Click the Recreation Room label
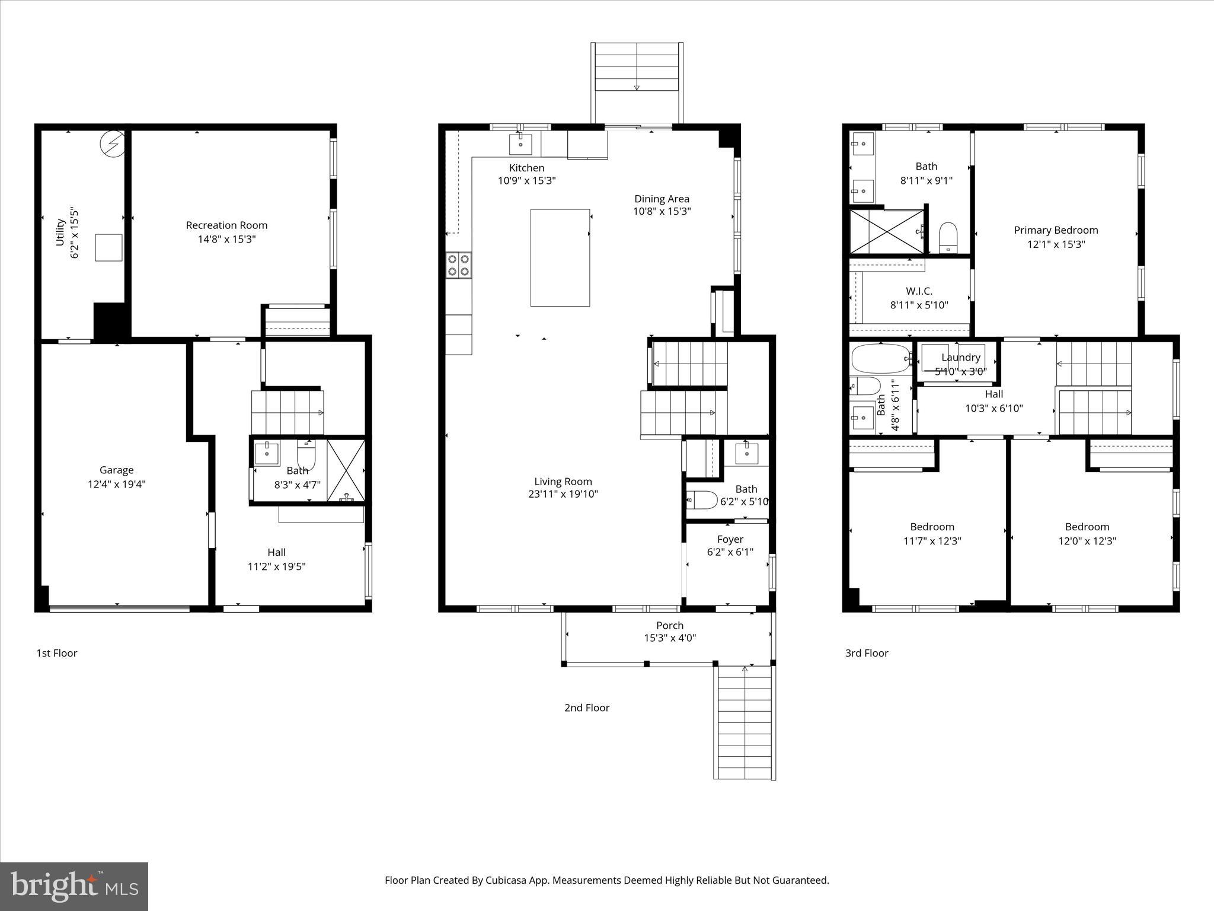(x=226, y=225)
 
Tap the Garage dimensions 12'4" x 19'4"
(x=116, y=484)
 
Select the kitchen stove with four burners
(x=459, y=265)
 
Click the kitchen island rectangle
(x=560, y=257)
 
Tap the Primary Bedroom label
(x=1056, y=230)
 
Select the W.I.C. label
(x=919, y=291)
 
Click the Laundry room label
(x=960, y=357)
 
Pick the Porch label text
(x=670, y=625)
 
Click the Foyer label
(x=730, y=539)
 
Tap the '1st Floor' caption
(x=57, y=653)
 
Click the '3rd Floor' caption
(x=867, y=653)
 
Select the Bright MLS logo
(x=74, y=887)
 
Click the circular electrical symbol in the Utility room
(x=112, y=144)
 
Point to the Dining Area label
(x=662, y=199)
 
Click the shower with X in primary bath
(x=887, y=231)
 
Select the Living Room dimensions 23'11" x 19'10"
(x=563, y=494)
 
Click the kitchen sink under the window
(x=520, y=144)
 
